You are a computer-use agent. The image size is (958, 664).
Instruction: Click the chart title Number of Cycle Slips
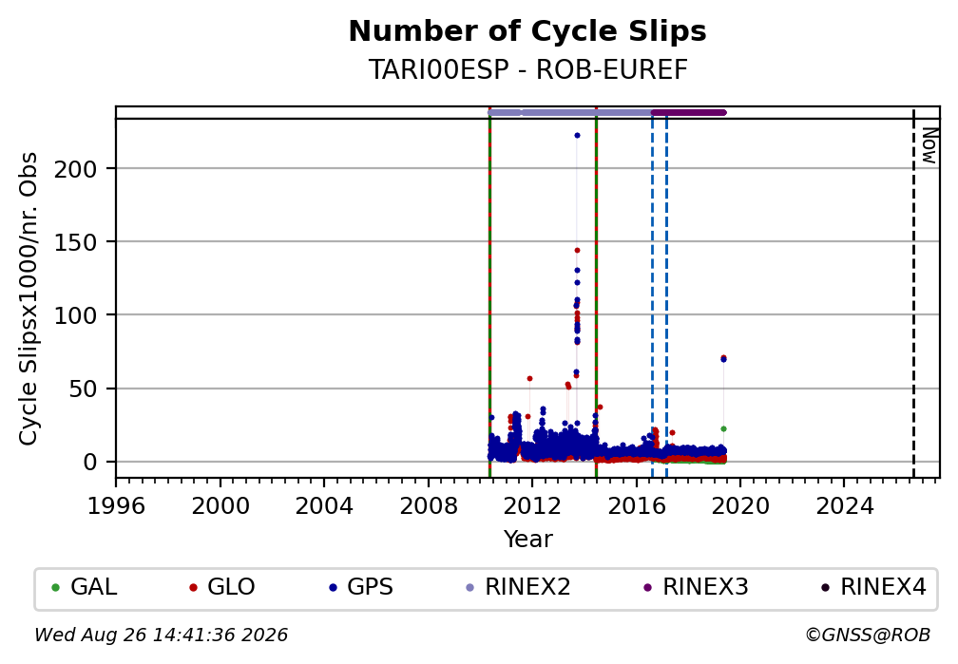(x=527, y=31)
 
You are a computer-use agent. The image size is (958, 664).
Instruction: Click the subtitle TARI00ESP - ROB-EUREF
(x=527, y=69)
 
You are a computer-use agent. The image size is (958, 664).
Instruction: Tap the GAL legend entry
(x=85, y=587)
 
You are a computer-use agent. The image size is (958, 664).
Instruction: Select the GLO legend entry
(x=221, y=587)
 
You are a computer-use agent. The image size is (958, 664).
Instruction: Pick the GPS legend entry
(x=360, y=587)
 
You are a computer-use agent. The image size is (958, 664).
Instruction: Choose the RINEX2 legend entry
(x=518, y=587)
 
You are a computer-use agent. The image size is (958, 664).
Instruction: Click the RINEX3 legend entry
(x=696, y=587)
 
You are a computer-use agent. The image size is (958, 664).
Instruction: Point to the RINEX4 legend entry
(x=873, y=587)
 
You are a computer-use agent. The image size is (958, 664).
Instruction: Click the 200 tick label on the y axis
(x=76, y=169)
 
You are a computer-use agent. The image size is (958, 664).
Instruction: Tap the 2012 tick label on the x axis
(x=532, y=505)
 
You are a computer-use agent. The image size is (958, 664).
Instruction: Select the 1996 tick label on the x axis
(x=116, y=505)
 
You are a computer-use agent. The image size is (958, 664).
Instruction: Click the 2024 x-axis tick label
(x=844, y=505)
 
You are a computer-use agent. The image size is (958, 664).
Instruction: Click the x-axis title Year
(x=527, y=539)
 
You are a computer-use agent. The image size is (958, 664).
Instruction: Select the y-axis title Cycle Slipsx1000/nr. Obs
(x=29, y=298)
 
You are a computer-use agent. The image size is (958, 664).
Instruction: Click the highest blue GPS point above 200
(x=577, y=136)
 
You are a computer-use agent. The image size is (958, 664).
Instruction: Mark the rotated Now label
(x=929, y=145)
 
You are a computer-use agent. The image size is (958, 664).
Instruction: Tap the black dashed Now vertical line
(x=913, y=292)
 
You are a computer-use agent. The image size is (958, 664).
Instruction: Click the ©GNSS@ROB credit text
(x=868, y=636)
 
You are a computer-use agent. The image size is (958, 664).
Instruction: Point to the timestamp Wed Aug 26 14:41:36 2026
(x=161, y=636)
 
